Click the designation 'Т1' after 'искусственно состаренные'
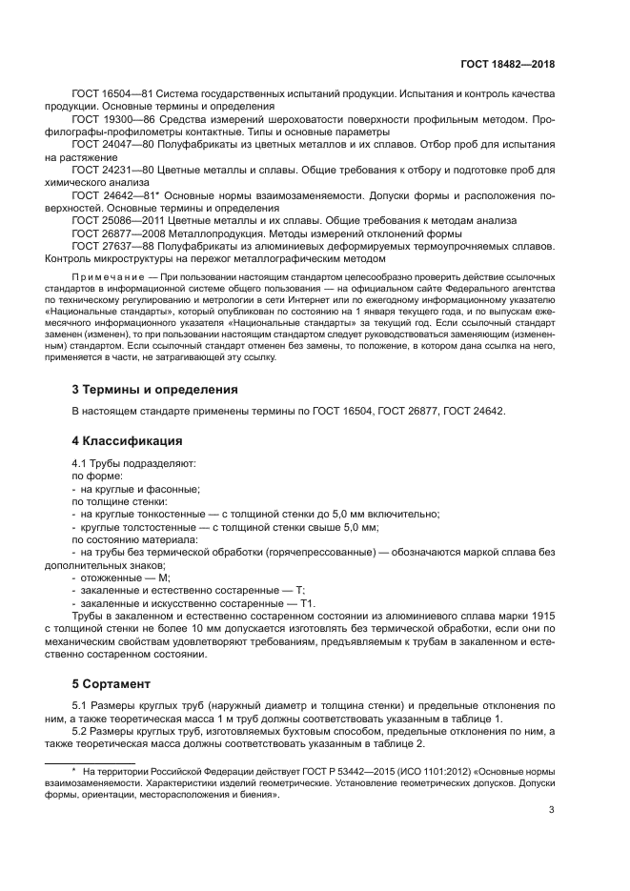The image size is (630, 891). click(x=307, y=603)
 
